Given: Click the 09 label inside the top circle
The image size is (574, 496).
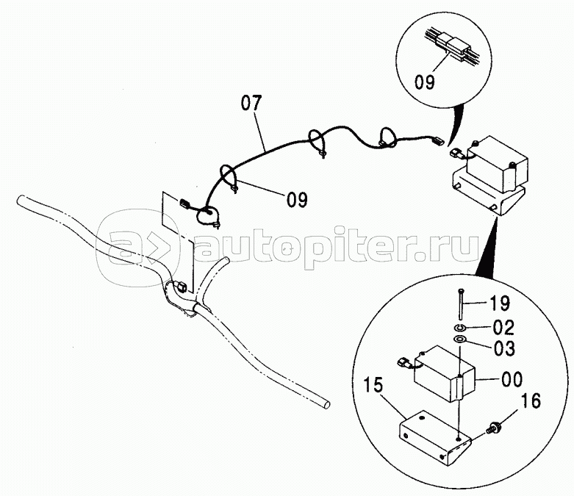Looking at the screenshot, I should tap(428, 82).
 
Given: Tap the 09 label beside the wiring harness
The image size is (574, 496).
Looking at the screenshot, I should tap(296, 198).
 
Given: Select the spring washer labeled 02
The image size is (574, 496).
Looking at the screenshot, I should tap(459, 326).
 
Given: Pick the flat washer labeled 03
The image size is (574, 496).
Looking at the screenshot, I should tap(459, 339).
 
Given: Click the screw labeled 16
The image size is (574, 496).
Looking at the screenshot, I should tap(498, 426).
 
